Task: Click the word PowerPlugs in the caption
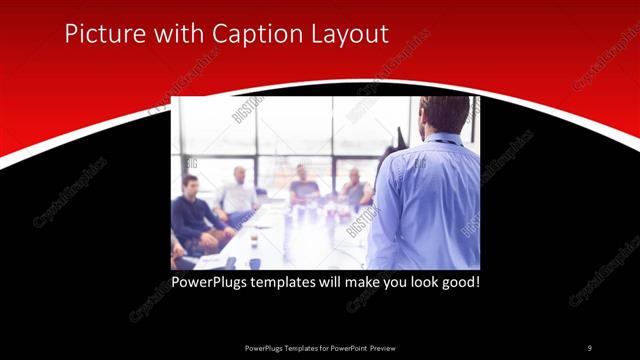click(x=207, y=282)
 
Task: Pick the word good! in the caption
click(x=459, y=282)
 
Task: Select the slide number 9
click(x=590, y=347)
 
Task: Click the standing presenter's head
click(x=445, y=115)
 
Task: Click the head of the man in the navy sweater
click(x=190, y=185)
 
